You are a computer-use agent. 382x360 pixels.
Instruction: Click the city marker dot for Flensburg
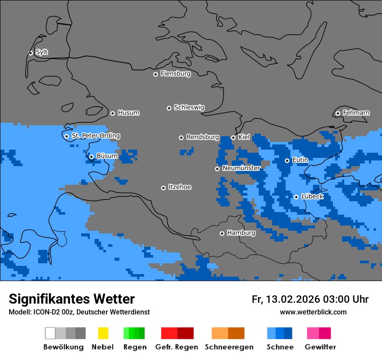[155, 74]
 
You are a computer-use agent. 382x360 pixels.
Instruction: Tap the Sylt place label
[42, 52]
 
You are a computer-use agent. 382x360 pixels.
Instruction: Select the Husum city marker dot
[112, 113]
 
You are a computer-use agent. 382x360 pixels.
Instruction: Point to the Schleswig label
[189, 107]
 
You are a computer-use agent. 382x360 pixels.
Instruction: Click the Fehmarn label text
[356, 113]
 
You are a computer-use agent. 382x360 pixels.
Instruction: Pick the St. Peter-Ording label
[95, 136]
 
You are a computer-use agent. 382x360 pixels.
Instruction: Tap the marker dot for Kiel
[233, 137]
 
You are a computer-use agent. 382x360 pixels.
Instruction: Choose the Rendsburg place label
[203, 137]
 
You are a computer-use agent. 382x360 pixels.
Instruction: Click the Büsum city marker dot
[91, 157]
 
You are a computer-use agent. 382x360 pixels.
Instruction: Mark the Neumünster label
[241, 168]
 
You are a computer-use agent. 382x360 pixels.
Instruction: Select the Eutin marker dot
[287, 160]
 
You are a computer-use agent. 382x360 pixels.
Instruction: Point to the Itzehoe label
[180, 187]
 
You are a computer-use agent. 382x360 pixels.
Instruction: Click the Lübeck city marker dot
[296, 197]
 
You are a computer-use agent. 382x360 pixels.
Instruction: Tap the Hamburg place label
[241, 233]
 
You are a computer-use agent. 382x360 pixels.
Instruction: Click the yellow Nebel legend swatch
[103, 333]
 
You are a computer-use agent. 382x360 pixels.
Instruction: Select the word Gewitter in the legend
[320, 347]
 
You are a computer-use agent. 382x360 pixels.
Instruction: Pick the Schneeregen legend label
[229, 347]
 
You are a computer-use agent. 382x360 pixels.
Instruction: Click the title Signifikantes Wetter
[72, 299]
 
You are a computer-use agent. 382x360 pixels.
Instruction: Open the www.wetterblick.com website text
[313, 312]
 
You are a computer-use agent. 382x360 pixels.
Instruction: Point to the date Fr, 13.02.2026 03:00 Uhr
[310, 299]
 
